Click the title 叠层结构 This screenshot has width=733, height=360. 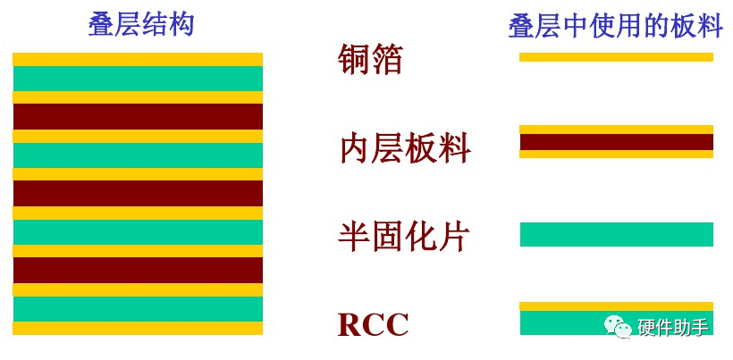[141, 24]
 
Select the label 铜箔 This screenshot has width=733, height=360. [371, 59]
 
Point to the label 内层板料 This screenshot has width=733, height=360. [405, 148]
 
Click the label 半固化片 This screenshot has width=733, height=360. [404, 236]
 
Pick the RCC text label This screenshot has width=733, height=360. [373, 324]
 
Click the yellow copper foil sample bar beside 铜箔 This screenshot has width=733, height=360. [616, 57]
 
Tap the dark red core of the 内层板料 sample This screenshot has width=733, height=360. [616, 141]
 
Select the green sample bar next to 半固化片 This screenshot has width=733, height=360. [616, 234]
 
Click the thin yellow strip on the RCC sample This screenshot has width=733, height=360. [616, 306]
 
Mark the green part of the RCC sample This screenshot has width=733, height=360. [563, 323]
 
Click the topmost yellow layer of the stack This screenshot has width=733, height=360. [138, 59]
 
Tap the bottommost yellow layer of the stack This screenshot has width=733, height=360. [138, 328]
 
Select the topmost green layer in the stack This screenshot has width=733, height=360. [138, 79]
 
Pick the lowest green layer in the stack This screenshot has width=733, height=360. [138, 309]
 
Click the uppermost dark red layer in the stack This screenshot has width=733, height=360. [138, 116]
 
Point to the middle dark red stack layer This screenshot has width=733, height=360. [138, 193]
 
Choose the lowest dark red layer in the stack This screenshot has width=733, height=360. [138, 270]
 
